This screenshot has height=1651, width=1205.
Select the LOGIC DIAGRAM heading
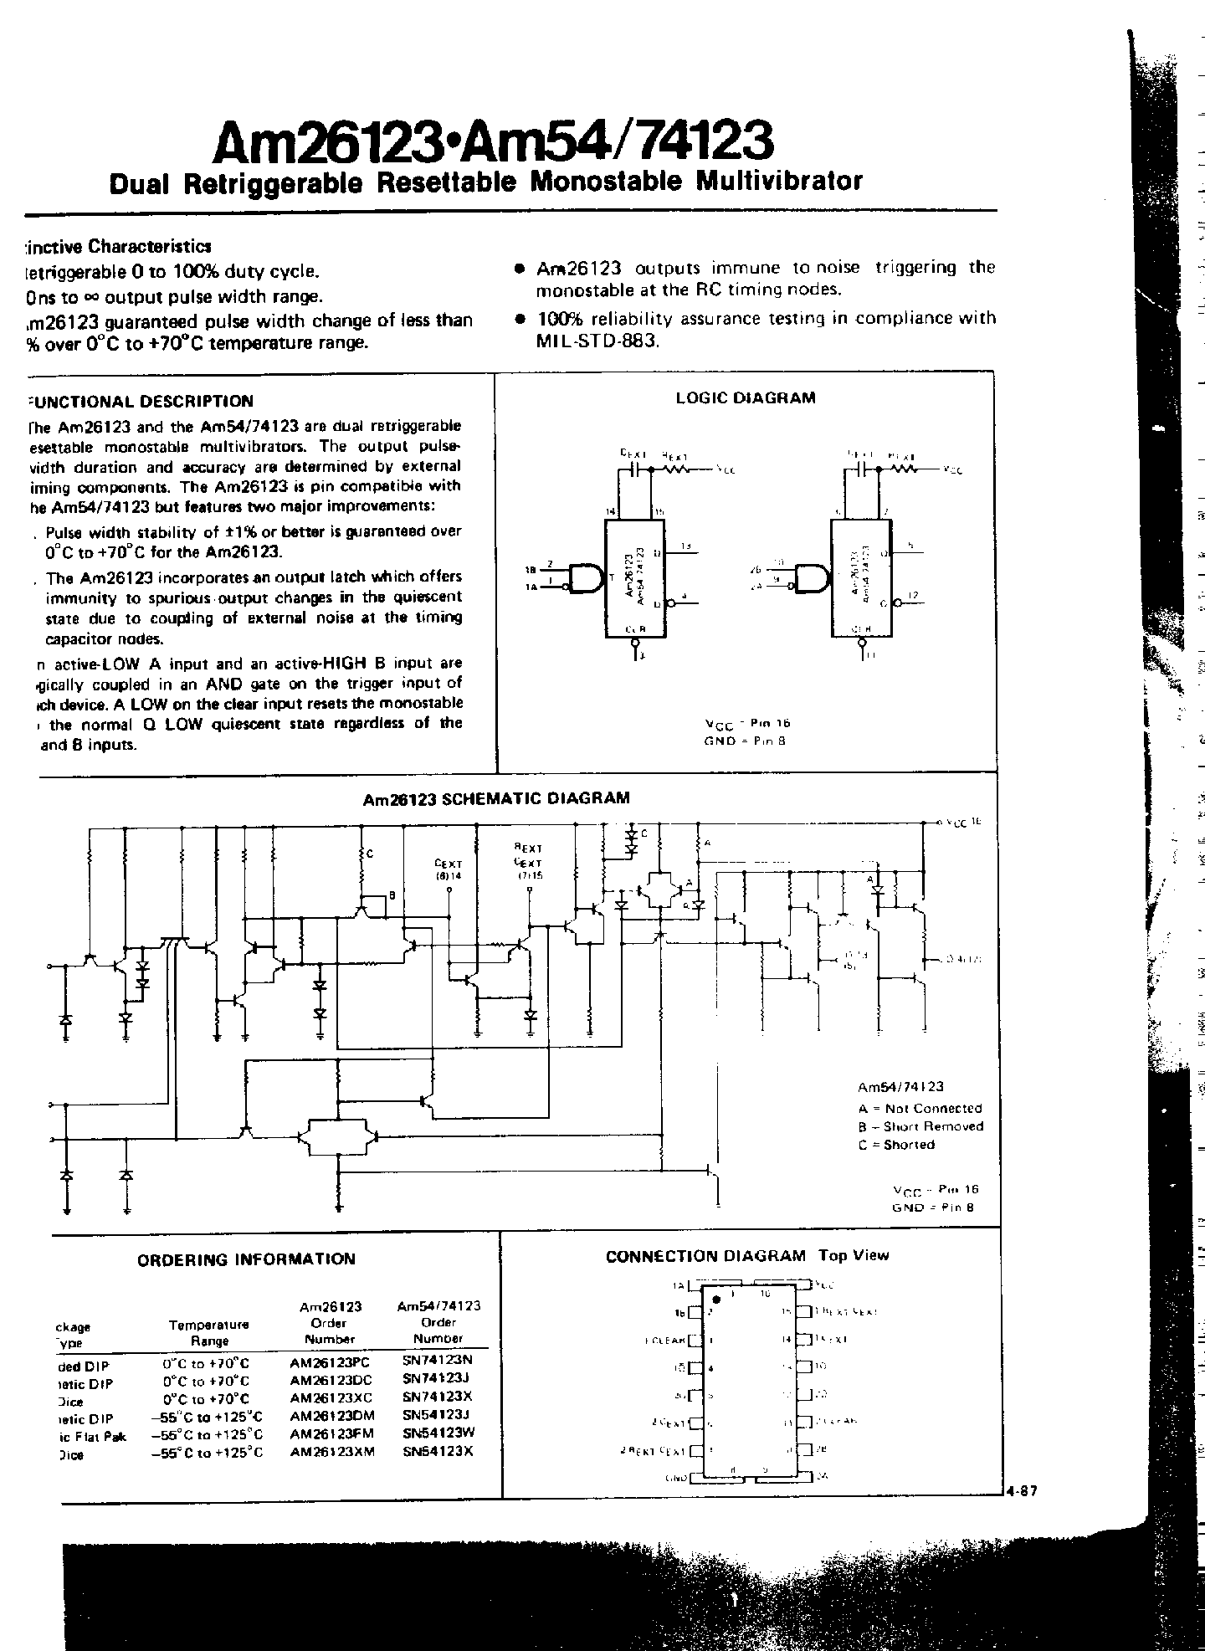(x=745, y=398)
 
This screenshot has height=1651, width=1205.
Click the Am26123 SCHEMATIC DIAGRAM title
(x=496, y=798)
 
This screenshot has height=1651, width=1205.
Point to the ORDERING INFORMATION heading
(x=246, y=1259)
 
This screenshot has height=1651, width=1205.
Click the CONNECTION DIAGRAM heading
(x=705, y=1256)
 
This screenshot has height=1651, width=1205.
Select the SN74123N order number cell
(x=437, y=1361)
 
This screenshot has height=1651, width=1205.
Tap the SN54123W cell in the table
(x=438, y=1433)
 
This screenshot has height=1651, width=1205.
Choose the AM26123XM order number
(x=331, y=1452)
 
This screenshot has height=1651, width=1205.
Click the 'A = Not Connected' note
(x=920, y=1109)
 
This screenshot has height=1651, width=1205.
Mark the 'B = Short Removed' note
(x=920, y=1126)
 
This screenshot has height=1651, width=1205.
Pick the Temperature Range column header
(x=209, y=1332)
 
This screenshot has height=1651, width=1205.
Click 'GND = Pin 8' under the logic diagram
(x=746, y=741)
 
